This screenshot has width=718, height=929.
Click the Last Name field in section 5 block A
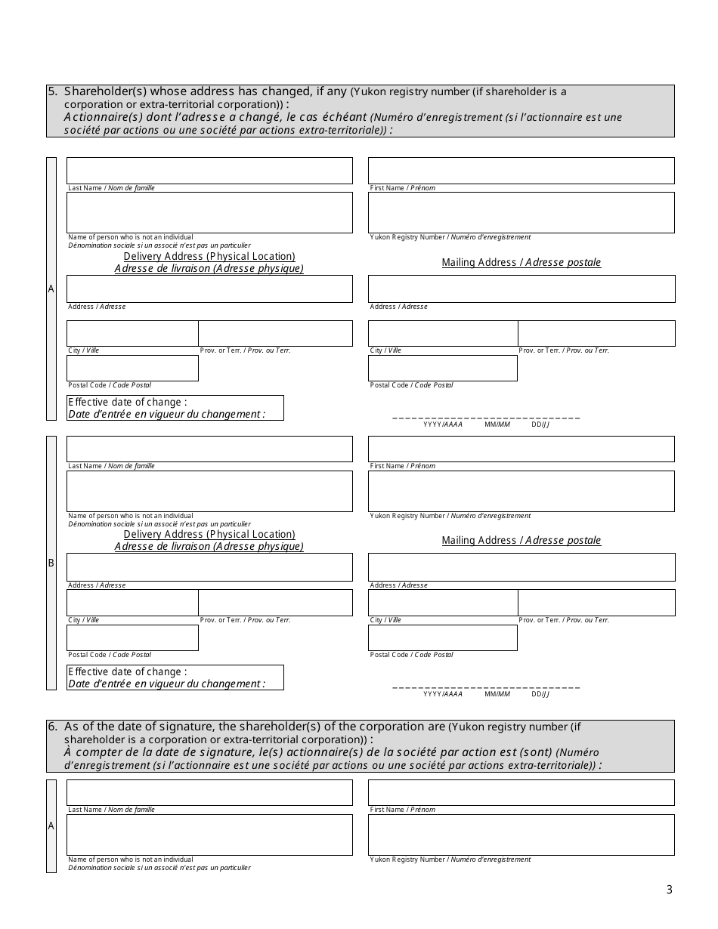(x=209, y=171)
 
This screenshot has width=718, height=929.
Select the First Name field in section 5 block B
(x=521, y=449)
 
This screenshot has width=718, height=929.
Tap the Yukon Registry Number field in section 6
(x=521, y=835)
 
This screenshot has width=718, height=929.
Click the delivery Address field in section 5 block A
(x=209, y=289)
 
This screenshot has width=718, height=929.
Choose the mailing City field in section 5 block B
(x=442, y=602)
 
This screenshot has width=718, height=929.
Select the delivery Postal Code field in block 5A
(x=132, y=368)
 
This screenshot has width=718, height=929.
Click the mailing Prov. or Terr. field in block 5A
(x=596, y=333)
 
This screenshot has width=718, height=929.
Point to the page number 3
(x=669, y=890)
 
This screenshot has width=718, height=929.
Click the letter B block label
(x=51, y=563)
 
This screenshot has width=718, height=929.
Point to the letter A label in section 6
(x=51, y=826)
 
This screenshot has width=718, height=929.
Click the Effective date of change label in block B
(x=128, y=671)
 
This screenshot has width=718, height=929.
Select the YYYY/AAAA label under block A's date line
(x=443, y=424)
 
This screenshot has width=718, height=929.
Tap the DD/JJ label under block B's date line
(x=540, y=694)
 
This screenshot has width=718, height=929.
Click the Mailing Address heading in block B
(x=521, y=540)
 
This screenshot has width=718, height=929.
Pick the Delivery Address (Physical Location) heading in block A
(x=209, y=257)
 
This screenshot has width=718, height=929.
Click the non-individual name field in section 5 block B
(x=209, y=491)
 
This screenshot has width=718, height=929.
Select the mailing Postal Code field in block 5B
(x=442, y=637)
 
